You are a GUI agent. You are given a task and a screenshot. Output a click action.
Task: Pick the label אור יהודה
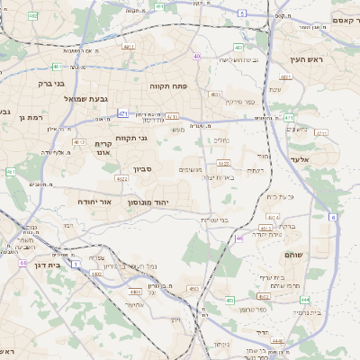point(91,202)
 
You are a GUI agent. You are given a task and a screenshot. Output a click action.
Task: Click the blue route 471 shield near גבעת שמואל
point(122,114)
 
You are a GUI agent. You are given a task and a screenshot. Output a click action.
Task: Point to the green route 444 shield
point(306,300)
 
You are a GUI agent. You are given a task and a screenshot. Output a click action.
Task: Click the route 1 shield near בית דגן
point(76,264)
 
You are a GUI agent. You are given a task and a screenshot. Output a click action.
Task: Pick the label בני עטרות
point(237,219)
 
